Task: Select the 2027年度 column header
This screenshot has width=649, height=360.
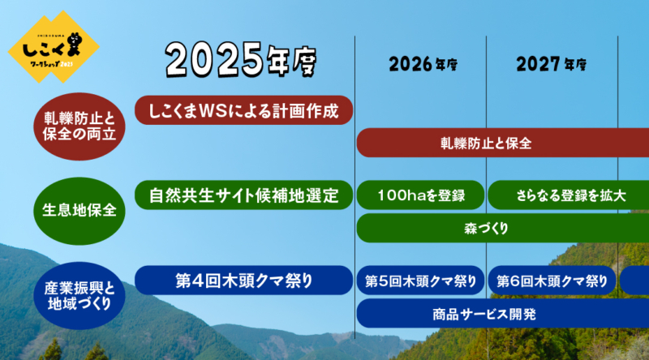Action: pyautogui.click(x=552, y=63)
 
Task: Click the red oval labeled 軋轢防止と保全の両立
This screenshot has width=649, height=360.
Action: pyautogui.click(x=80, y=123)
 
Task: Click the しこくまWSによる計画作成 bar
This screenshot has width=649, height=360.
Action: pyautogui.click(x=243, y=109)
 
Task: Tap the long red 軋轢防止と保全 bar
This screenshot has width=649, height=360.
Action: pyautogui.click(x=503, y=144)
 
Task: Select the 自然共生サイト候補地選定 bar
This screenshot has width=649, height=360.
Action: pyautogui.click(x=243, y=195)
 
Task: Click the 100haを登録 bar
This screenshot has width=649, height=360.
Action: pyautogui.click(x=420, y=195)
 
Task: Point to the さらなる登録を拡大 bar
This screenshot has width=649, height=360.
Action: pyautogui.click(x=560, y=195)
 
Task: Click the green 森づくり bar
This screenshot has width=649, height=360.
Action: pyautogui.click(x=503, y=229)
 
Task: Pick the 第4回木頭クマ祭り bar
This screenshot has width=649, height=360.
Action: pyautogui.click(x=243, y=281)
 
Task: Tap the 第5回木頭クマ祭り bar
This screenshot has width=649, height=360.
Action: pyautogui.click(x=420, y=281)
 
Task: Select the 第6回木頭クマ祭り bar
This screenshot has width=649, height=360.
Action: pyautogui.click(x=552, y=281)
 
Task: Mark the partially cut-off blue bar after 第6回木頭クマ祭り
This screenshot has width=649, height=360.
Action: pyautogui.click(x=635, y=281)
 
